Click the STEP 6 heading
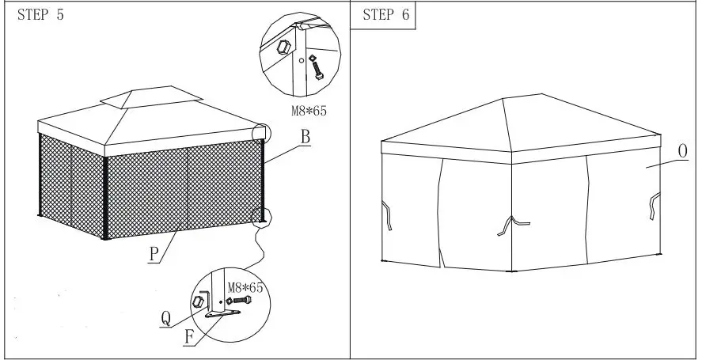click(x=388, y=17)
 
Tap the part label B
click(x=304, y=137)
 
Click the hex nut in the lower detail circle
click(x=200, y=301)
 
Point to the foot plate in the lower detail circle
click(x=221, y=315)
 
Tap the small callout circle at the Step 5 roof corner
click(x=260, y=133)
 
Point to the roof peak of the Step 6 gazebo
click(x=504, y=99)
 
